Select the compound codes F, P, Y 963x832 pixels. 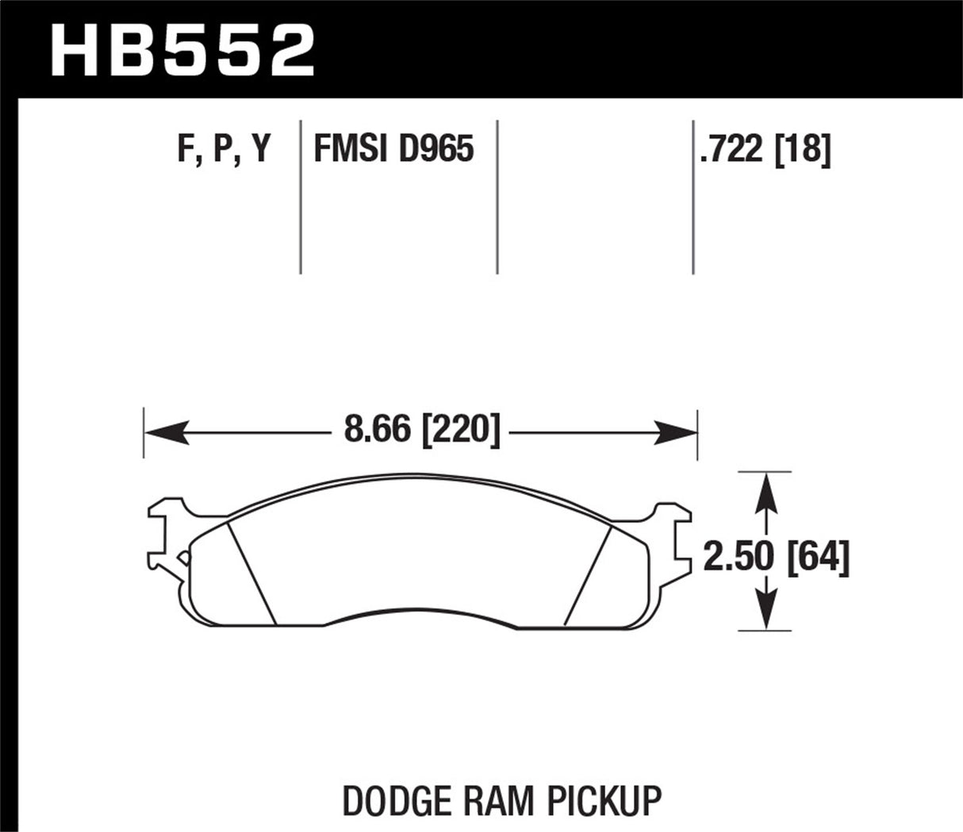[x=224, y=149]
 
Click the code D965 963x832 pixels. [x=435, y=149]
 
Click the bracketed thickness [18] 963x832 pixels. [x=804, y=149]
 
